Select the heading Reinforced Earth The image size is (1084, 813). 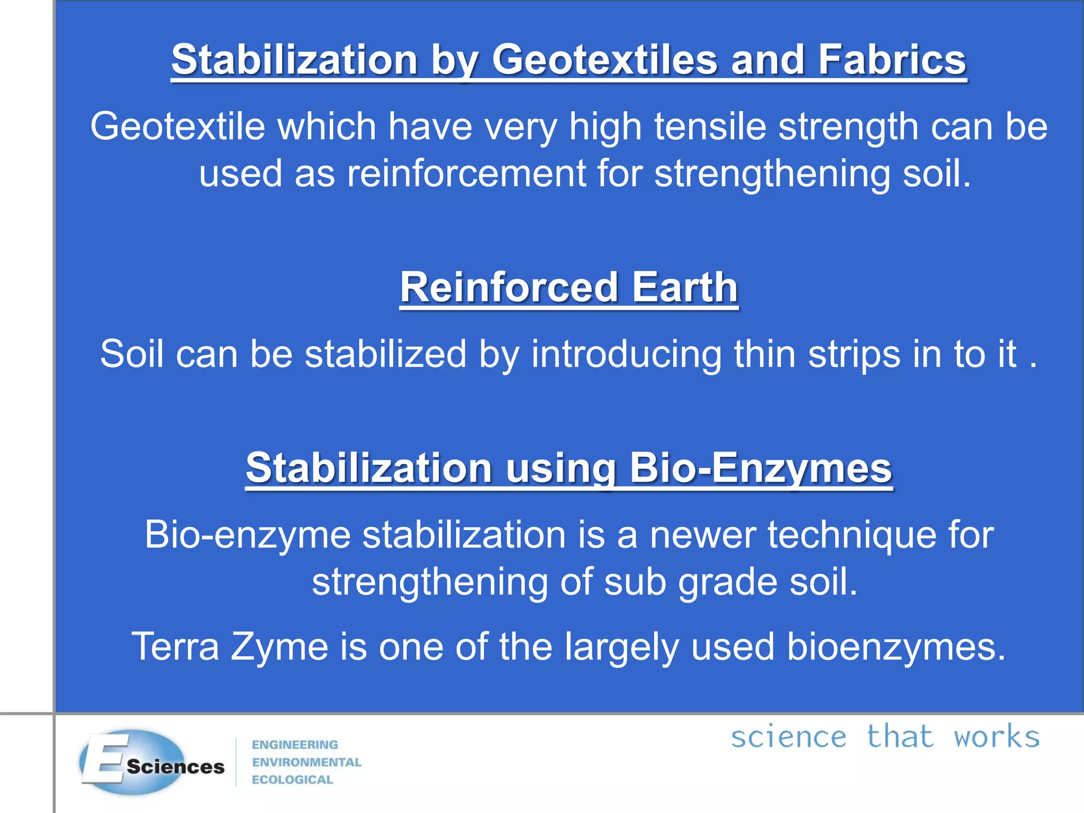tap(569, 287)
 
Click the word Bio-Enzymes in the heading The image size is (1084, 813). tap(761, 468)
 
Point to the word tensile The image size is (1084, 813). tap(710, 127)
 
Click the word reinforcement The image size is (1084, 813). tap(466, 174)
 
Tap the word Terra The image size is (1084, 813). tap(175, 646)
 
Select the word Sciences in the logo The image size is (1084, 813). tap(176, 766)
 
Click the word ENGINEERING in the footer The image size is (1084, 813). tap(295, 745)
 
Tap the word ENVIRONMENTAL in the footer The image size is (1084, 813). tap(306, 762)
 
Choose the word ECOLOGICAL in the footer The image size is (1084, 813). tap(292, 780)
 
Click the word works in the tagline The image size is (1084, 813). tap(996, 737)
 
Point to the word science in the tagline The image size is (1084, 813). tap(789, 737)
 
